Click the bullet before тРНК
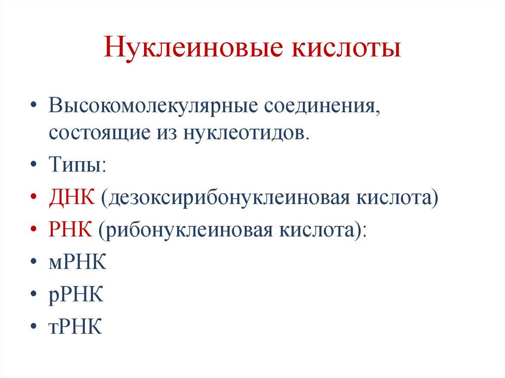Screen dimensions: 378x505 click(33, 327)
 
